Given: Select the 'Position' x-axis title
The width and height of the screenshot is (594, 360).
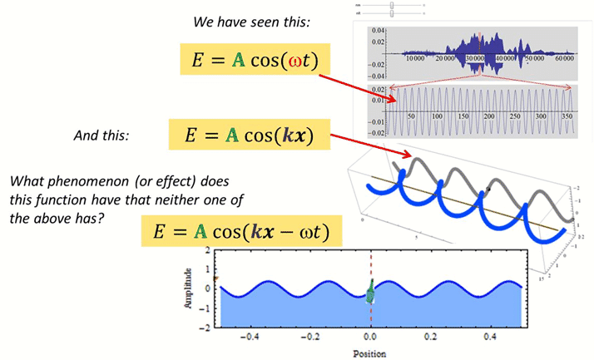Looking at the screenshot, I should pyautogui.click(x=370, y=352).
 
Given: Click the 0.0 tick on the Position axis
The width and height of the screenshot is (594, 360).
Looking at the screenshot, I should pyautogui.click(x=371, y=338).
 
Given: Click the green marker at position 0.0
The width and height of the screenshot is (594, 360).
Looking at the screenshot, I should pyautogui.click(x=371, y=292).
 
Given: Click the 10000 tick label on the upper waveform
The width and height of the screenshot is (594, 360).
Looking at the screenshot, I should pyautogui.click(x=417, y=59).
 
